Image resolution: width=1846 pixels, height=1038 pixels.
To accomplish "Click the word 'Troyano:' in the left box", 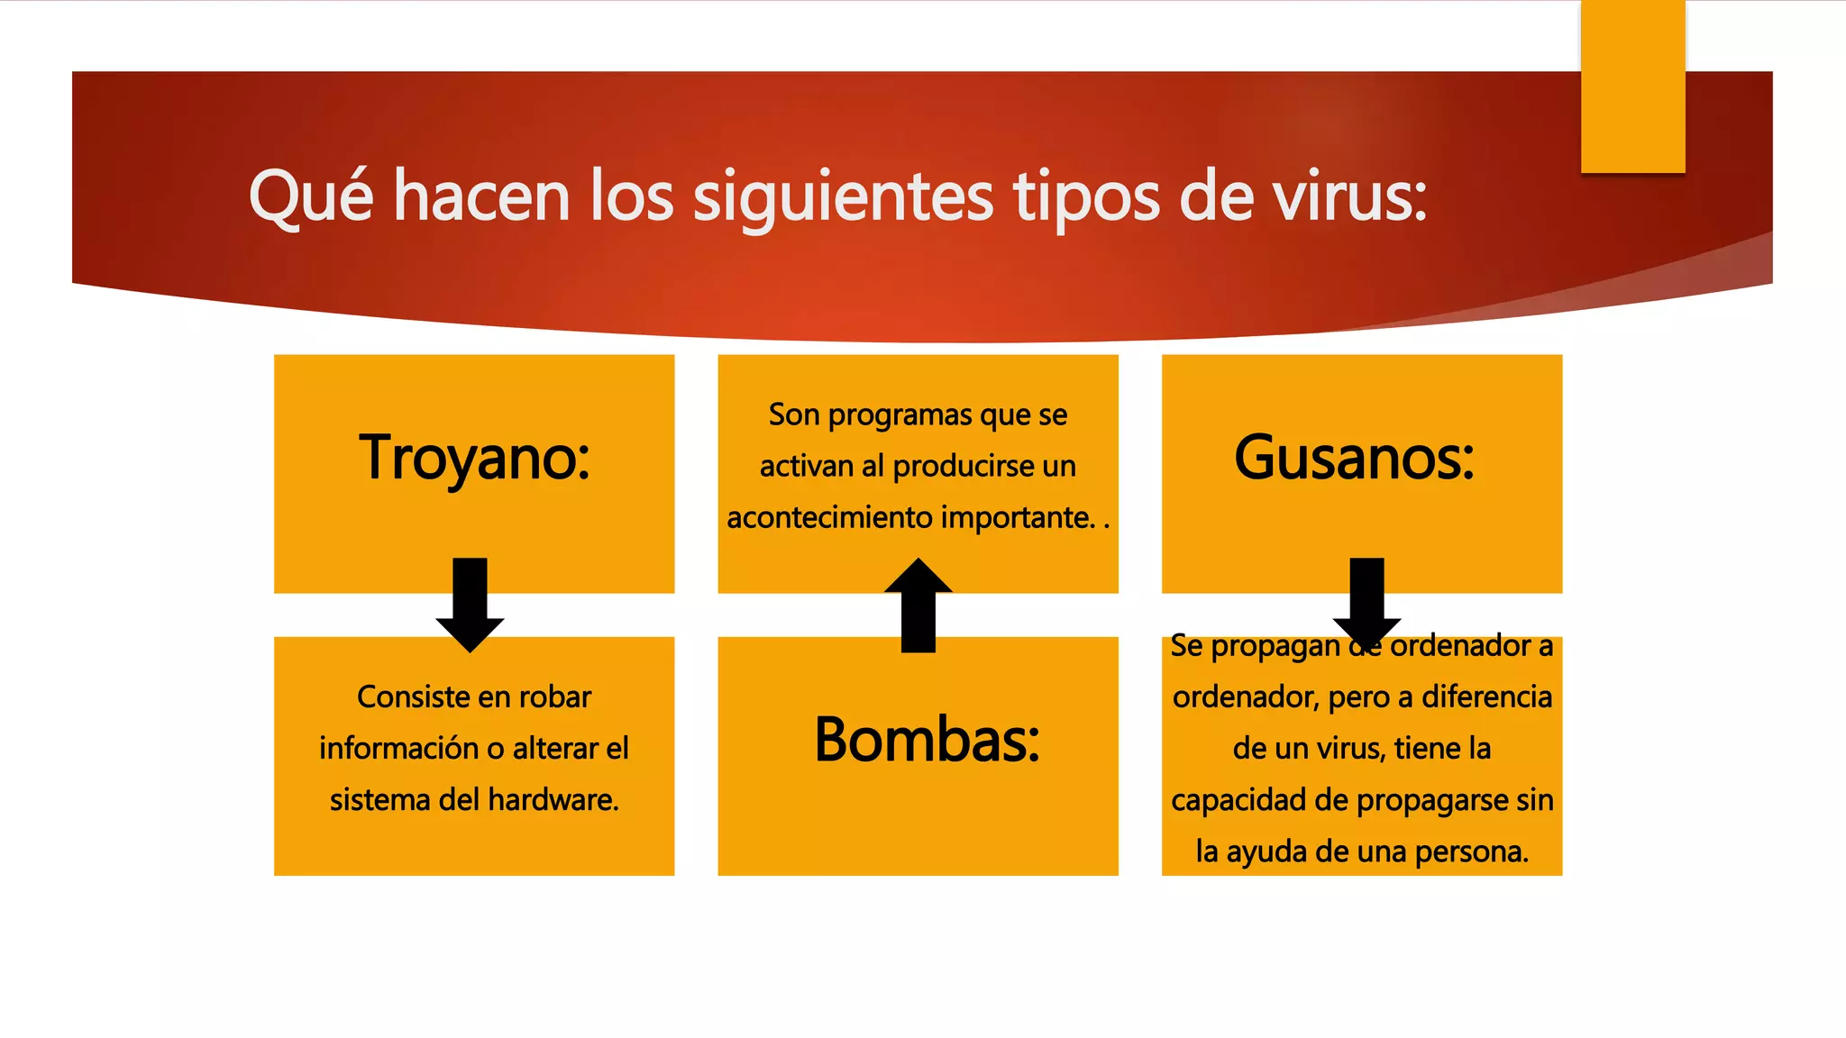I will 474,458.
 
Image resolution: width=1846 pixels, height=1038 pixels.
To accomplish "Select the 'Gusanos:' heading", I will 1354,458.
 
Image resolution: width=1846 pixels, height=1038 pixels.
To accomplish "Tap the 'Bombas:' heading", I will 927,740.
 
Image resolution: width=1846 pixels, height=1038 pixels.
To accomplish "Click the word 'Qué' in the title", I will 310,196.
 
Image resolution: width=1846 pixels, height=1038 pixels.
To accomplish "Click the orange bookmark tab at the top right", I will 1632,86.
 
